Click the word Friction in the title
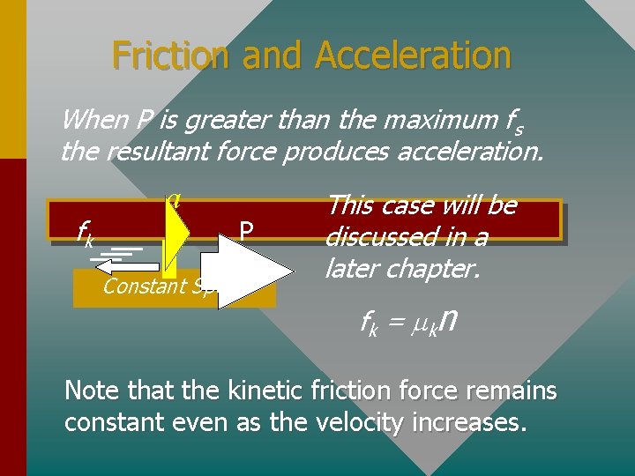point(167,56)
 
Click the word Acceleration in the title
point(413,56)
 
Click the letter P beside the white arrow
point(247,231)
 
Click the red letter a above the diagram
point(175,197)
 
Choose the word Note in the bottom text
point(89,390)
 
